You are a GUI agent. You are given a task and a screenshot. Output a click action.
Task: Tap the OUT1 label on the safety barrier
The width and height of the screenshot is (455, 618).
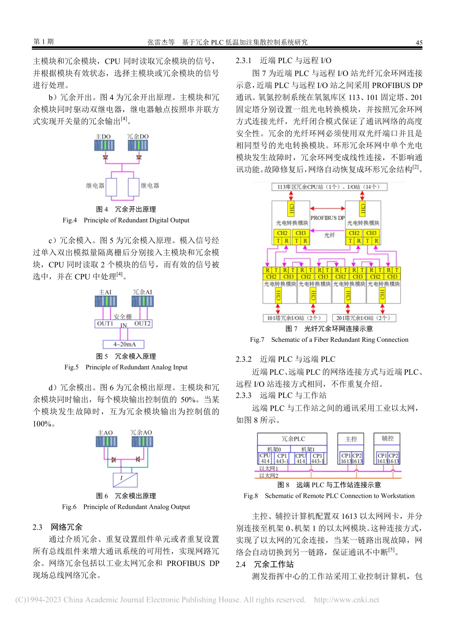[x=105, y=324]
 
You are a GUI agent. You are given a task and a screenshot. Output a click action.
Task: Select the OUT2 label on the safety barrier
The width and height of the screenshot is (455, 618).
[x=142, y=324]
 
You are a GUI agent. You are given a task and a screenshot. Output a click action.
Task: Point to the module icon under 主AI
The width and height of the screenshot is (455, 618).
[x=105, y=301]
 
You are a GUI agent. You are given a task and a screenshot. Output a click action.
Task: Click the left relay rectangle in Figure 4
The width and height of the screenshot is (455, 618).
[x=111, y=187]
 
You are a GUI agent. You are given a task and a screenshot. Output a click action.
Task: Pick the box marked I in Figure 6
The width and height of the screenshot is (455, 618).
[x=125, y=479]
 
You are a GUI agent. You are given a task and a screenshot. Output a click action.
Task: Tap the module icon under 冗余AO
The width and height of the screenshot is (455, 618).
[x=141, y=441]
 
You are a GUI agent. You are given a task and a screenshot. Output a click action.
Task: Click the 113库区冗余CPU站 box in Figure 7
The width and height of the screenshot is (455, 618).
[x=329, y=187]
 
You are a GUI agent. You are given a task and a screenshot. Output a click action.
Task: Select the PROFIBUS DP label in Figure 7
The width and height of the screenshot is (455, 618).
[x=328, y=218]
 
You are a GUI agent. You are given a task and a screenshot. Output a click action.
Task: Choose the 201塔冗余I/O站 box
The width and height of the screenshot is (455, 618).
[x=364, y=318]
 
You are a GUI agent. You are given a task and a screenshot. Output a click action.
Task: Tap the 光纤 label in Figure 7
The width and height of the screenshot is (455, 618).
[x=330, y=235]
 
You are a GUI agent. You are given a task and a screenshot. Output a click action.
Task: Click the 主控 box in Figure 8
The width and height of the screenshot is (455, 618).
[x=351, y=438]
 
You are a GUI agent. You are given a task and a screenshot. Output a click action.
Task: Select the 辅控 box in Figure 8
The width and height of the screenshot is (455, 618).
[x=387, y=438]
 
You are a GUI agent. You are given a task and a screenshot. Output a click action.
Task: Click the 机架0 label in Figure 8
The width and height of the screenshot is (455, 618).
[x=274, y=449]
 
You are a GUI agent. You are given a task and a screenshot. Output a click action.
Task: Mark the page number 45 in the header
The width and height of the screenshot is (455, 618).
[x=419, y=43]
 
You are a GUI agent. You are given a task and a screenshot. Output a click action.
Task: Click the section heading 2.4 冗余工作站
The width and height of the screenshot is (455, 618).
[x=265, y=564]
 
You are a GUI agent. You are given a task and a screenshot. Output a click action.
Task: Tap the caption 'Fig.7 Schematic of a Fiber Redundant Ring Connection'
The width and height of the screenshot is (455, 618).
[x=329, y=340]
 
